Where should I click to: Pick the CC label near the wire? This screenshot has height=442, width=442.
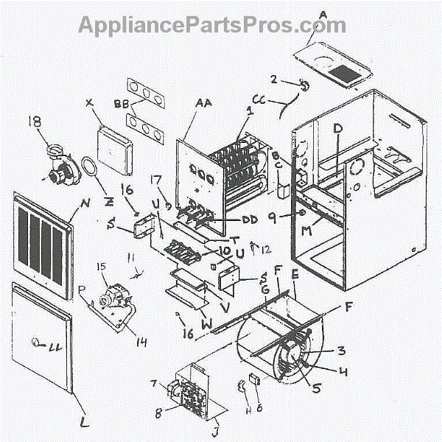click(x=259, y=98)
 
